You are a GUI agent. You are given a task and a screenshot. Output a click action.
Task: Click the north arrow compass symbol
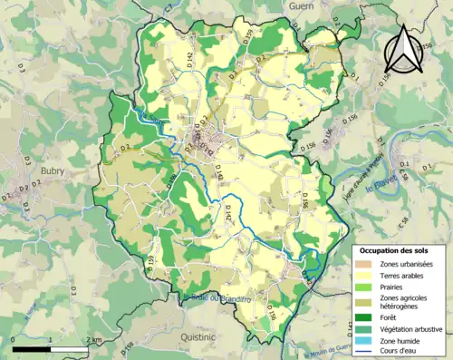click(x=401, y=48)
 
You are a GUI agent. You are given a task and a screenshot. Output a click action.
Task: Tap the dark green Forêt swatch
click(x=362, y=317)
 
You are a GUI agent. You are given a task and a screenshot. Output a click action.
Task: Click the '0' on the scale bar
click(x=13, y=339)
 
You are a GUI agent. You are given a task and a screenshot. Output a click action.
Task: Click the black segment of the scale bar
click(x=31, y=347)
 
